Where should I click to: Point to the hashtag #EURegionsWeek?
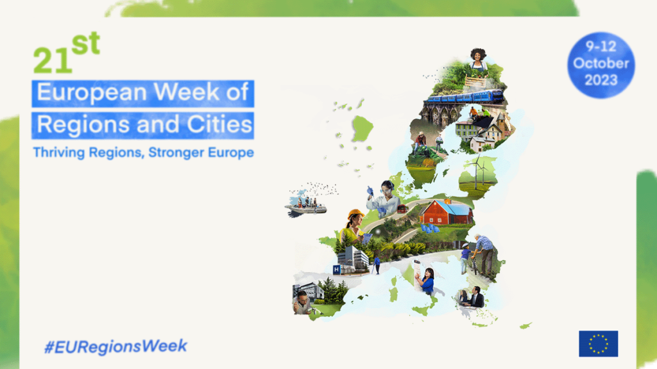click(115, 347)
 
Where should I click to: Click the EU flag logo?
click(599, 344)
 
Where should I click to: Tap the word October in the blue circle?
click(601, 63)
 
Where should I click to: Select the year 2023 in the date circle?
click(601, 80)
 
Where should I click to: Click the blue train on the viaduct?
click(464, 97)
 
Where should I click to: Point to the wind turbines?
click(479, 171)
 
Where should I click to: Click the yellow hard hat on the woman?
click(355, 214)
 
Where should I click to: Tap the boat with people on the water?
click(306, 206)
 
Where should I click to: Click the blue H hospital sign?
click(336, 270)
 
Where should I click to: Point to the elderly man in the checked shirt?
click(484, 254)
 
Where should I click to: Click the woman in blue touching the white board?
click(427, 282)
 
